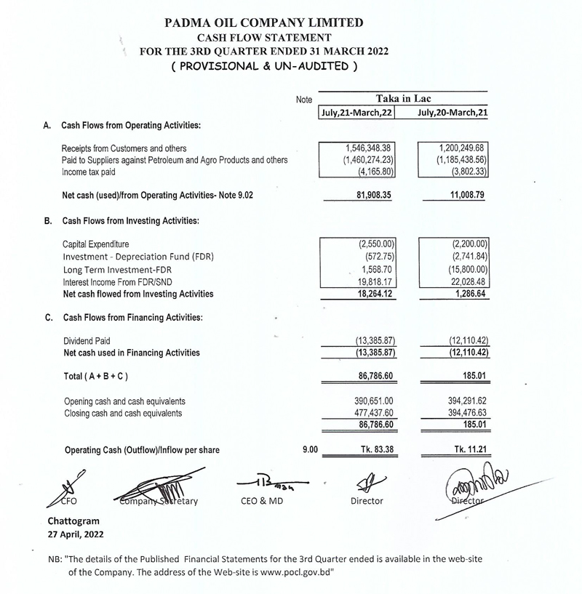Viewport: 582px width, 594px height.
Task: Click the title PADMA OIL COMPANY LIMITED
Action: [x=265, y=23]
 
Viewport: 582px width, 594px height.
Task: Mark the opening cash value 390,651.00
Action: [x=373, y=401]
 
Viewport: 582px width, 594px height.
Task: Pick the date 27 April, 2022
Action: [x=75, y=534]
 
